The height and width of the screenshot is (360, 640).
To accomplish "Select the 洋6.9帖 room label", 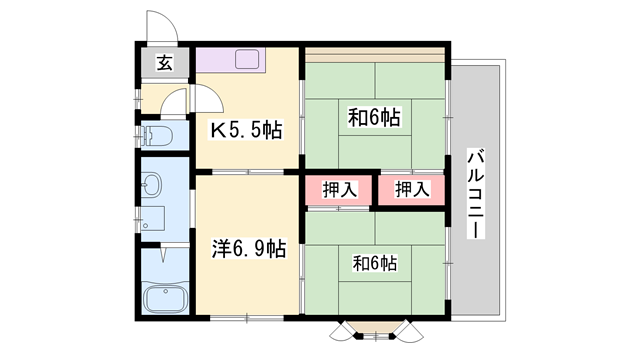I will click(250, 249).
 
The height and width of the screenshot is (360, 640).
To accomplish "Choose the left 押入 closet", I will click(340, 189).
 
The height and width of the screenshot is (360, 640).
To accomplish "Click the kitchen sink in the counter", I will click(247, 58).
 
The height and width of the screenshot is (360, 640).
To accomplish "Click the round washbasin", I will click(153, 184).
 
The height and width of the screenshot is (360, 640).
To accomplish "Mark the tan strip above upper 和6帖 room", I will click(375, 52).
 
